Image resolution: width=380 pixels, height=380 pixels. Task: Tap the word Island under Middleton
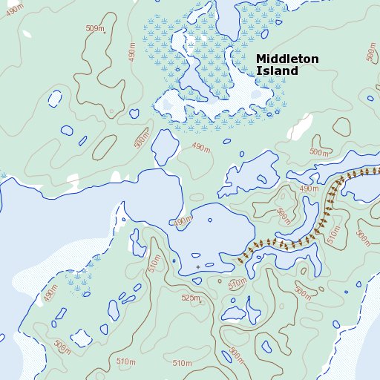coord(276,71)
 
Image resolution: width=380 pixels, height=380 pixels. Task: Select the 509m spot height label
coord(95,29)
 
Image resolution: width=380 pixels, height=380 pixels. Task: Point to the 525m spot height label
coord(190,298)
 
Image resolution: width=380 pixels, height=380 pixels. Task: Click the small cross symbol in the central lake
coord(198,266)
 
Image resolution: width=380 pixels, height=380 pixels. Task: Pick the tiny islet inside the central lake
coord(210,220)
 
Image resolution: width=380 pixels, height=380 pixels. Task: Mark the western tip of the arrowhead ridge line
coord(240,260)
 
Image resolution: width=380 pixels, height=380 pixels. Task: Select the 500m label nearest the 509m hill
coord(141,138)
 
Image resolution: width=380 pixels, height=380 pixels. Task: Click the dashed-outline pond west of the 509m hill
coord(53,98)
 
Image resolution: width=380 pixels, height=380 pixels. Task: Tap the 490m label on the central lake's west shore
coord(182,222)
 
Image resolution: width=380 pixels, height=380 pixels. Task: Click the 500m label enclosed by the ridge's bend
coord(284,215)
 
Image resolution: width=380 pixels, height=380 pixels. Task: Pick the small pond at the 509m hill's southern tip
coord(134,114)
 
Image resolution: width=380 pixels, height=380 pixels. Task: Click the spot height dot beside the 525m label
coord(201,301)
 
